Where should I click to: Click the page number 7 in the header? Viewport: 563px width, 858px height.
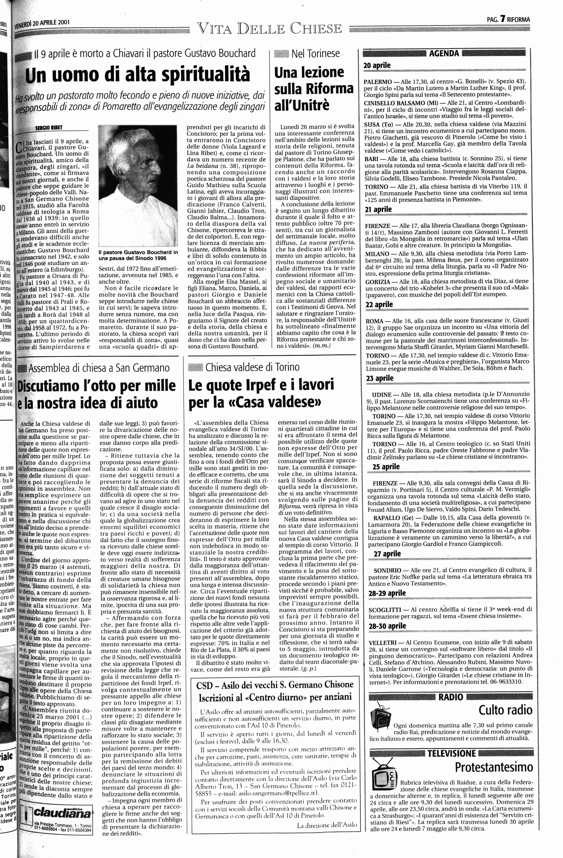pos(502,20)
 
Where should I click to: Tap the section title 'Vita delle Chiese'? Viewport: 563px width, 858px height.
pos(269,28)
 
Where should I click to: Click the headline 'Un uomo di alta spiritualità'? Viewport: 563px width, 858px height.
pos(138,74)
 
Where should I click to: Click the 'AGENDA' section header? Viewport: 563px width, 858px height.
pos(444,54)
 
